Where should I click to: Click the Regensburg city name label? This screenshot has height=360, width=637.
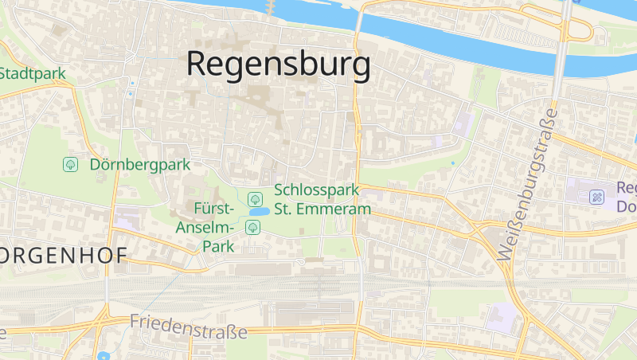[278, 64]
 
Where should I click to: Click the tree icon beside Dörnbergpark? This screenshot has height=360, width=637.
[70, 165]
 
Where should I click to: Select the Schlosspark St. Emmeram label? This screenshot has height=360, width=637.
[322, 200]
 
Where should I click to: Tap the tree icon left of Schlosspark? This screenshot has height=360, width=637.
[255, 198]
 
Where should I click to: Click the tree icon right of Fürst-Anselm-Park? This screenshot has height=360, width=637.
[252, 228]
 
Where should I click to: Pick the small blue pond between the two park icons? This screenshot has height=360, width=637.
[258, 213]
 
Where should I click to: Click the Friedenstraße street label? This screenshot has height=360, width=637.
[188, 326]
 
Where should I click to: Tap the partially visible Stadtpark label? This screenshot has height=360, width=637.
[32, 73]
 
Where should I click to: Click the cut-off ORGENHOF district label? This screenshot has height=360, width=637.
[64, 257]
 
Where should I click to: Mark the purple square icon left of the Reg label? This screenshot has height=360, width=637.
[596, 197]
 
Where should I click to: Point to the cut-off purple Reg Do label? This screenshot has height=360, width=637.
[626, 197]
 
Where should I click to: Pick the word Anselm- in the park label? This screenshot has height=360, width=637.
[204, 228]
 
